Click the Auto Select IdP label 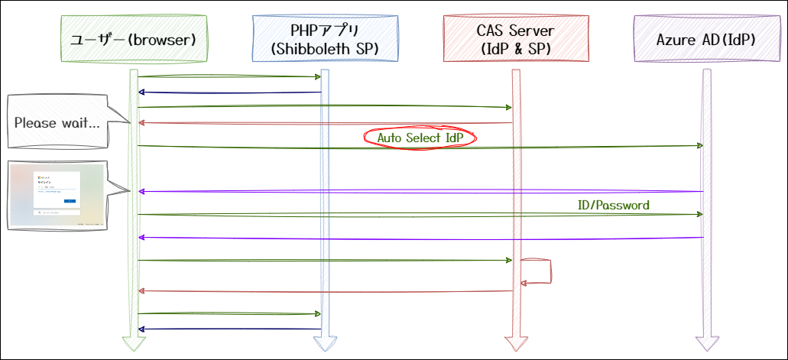pos(420,138)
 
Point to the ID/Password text pos(613,206)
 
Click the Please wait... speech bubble pos(57,122)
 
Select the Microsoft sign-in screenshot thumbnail pos(56,196)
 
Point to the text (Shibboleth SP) pos(325,49)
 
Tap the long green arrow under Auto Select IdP pos(420,147)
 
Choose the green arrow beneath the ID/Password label pos(420,215)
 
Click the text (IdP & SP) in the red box pos(516,49)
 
